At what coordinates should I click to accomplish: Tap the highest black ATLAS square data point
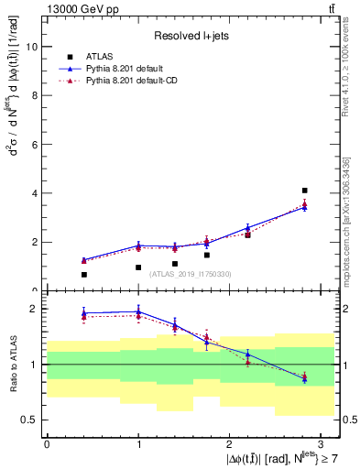[304, 191]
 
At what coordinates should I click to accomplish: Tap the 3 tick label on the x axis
[322, 443]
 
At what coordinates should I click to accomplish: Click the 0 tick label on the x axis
[47, 443]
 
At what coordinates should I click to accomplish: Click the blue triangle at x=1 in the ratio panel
[138, 311]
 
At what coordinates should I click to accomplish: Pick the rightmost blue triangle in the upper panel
[304, 207]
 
